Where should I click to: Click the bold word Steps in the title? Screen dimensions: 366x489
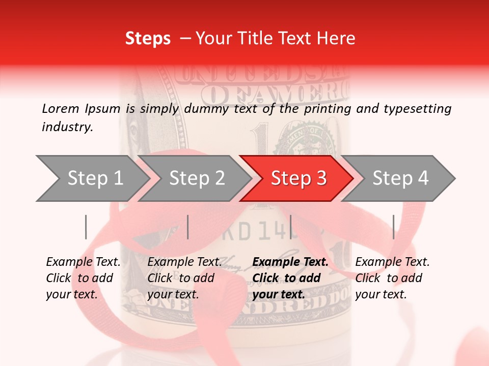pyautogui.click(x=148, y=39)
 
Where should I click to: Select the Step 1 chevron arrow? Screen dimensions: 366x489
pyautogui.click(x=92, y=178)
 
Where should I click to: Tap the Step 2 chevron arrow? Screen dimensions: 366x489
pyautogui.click(x=196, y=178)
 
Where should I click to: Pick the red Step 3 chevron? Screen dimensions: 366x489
pyautogui.click(x=298, y=178)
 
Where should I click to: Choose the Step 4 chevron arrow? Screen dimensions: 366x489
pyautogui.click(x=400, y=178)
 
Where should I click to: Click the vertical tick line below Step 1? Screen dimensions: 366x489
pyautogui.click(x=86, y=227)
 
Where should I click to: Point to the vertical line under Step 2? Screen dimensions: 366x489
pyautogui.click(x=188, y=227)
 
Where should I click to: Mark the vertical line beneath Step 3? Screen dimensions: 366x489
pyautogui.click(x=290, y=227)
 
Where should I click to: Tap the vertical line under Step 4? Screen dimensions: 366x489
pyautogui.click(x=393, y=227)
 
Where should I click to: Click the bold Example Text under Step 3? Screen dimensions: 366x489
pyautogui.click(x=290, y=278)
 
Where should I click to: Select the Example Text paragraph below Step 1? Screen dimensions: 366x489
pyautogui.click(x=83, y=278)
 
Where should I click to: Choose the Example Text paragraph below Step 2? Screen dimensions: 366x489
pyautogui.click(x=184, y=278)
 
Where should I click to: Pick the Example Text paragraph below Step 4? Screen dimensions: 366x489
pyautogui.click(x=392, y=278)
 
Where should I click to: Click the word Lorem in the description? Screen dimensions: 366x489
pyautogui.click(x=60, y=108)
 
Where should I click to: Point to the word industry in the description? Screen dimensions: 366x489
pyautogui.click(x=67, y=127)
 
